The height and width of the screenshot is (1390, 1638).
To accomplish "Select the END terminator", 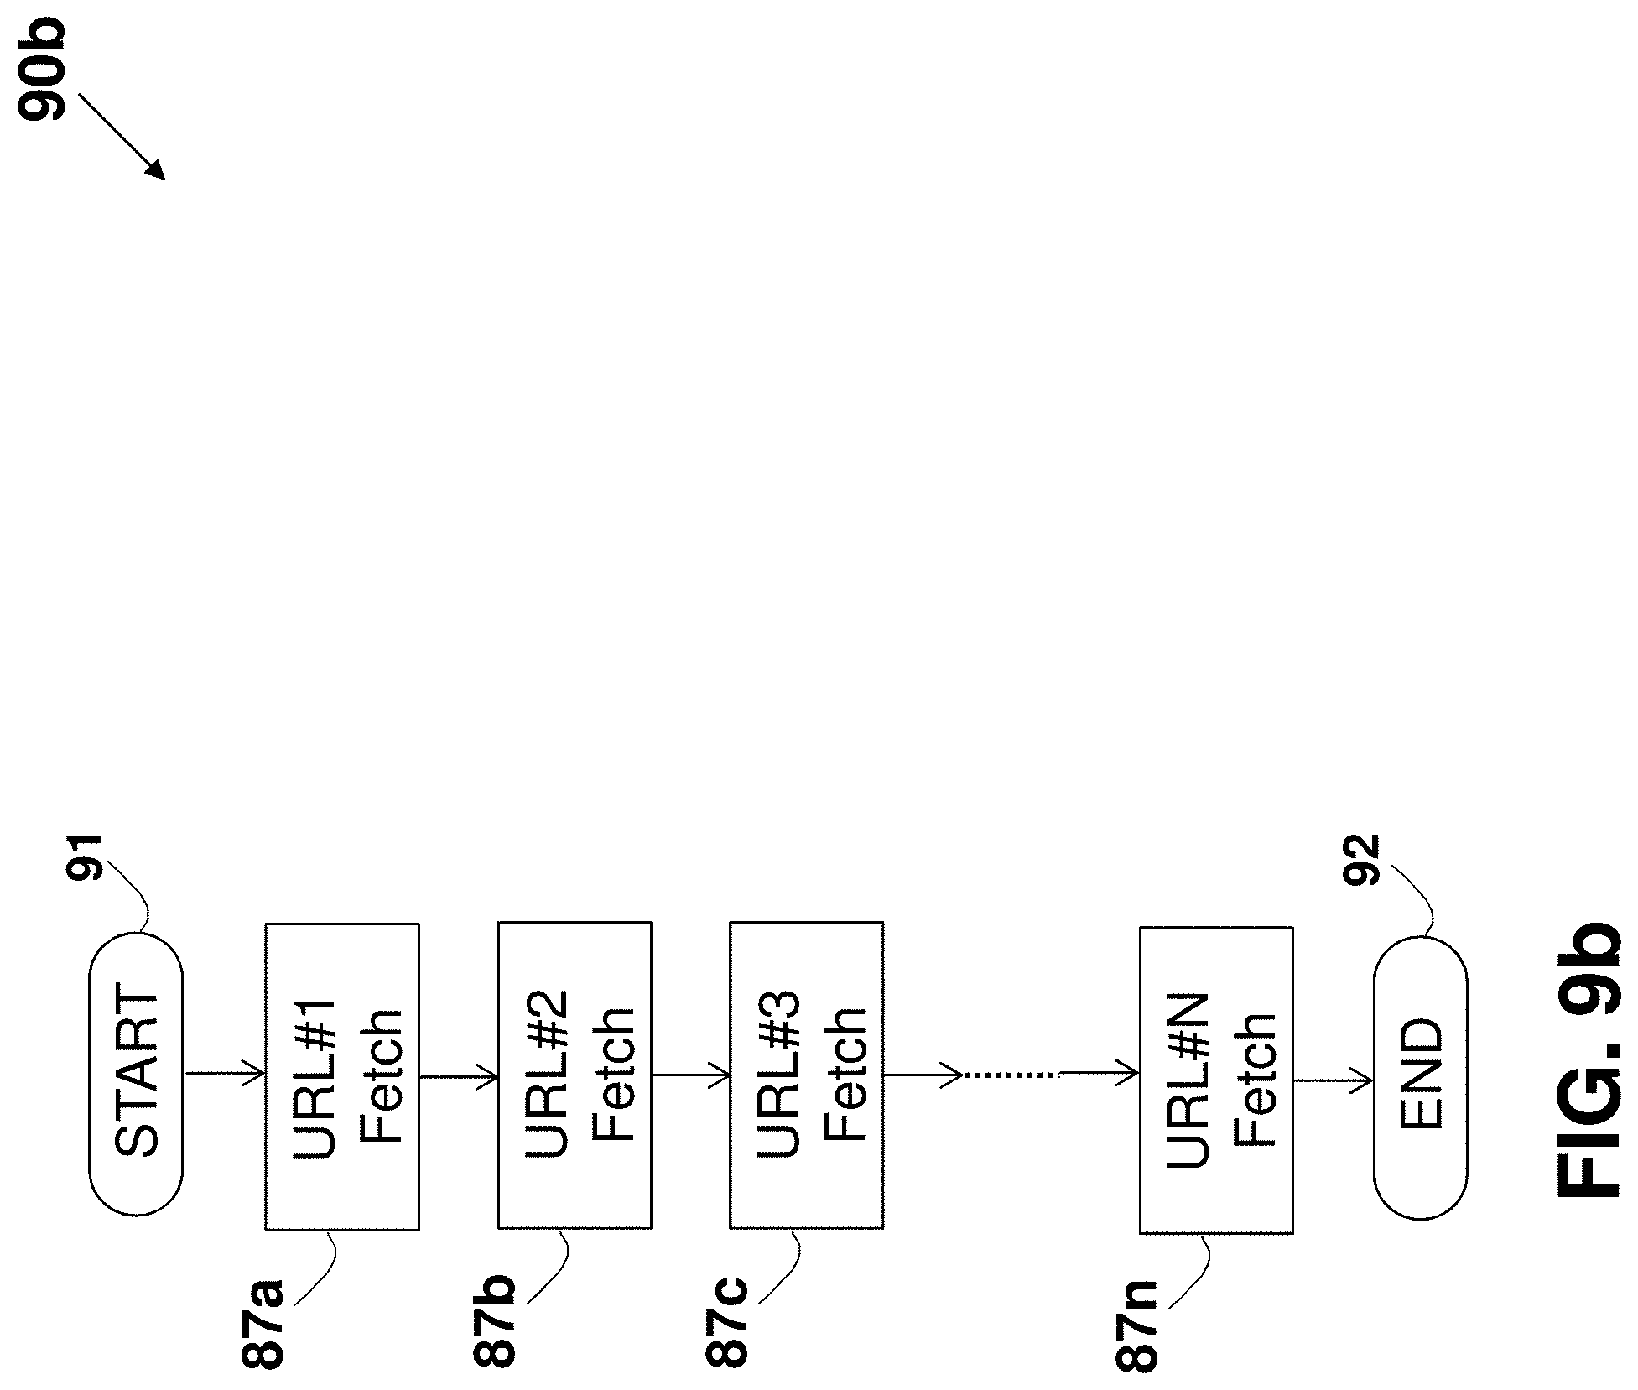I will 1420,1077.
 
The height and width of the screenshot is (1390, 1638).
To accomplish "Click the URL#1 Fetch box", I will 342,1076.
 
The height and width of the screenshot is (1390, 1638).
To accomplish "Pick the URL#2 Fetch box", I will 575,1076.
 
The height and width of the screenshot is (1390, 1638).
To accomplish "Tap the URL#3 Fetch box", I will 806,1076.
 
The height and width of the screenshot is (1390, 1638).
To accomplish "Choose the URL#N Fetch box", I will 1216,1080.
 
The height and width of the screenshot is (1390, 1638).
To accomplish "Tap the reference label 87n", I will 1136,1326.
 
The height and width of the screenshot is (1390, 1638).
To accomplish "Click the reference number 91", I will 85,857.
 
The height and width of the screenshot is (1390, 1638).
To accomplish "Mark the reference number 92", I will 1361,860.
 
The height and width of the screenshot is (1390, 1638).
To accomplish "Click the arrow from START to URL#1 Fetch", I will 224,1073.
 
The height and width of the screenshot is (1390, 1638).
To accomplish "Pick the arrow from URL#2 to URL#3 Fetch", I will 690,1074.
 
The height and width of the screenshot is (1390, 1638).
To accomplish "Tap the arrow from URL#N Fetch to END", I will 1333,1080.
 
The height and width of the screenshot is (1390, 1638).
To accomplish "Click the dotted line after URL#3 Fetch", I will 1013,1074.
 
